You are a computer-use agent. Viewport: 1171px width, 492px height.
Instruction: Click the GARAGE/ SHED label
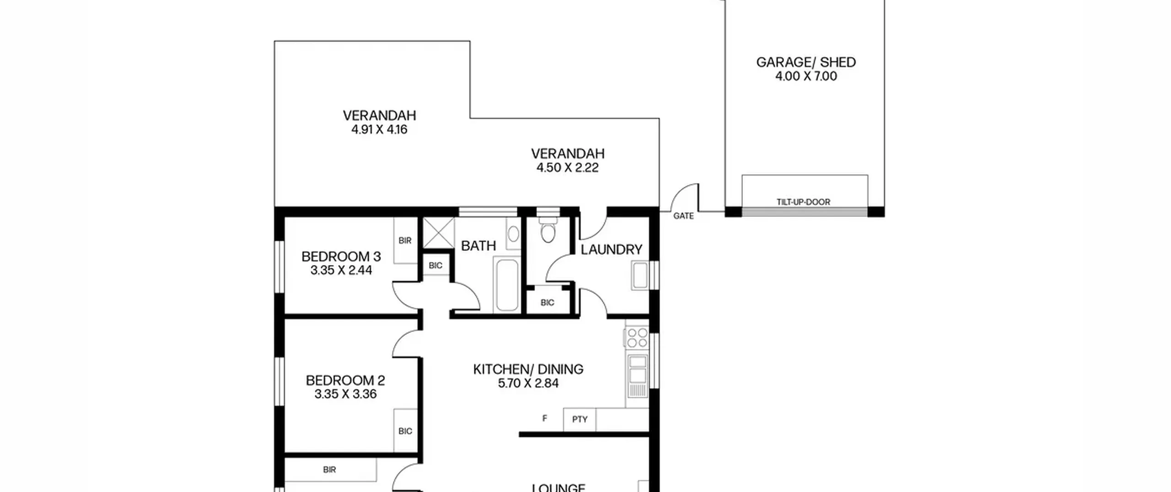(x=806, y=62)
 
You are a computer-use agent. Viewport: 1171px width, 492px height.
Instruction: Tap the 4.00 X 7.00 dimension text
(x=806, y=76)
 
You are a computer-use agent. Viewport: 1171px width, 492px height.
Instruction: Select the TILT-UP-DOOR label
(x=803, y=202)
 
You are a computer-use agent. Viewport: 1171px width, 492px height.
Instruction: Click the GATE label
(x=683, y=216)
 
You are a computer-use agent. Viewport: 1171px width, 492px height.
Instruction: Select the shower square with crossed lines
(x=438, y=233)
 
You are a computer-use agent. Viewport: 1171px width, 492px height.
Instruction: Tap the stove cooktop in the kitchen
(x=637, y=338)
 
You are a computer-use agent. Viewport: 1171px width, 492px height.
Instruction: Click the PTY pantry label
(x=580, y=419)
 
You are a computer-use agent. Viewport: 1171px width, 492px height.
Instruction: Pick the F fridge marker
(x=544, y=418)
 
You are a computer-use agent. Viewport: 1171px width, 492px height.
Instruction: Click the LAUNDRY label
(x=611, y=250)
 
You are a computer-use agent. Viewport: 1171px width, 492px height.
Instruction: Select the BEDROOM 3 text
(x=341, y=257)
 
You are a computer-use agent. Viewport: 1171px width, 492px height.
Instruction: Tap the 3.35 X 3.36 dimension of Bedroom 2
(x=345, y=394)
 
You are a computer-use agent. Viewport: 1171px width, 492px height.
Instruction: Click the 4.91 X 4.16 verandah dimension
(x=379, y=130)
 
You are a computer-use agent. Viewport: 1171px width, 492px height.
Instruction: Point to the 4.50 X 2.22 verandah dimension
(x=567, y=168)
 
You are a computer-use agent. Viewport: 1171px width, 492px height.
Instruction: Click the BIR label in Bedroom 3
(x=405, y=241)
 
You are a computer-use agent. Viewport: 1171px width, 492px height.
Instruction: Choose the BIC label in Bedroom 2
(x=405, y=431)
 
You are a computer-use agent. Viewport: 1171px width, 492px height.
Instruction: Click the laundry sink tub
(x=640, y=276)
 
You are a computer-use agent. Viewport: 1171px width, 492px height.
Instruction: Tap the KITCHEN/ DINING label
(x=528, y=369)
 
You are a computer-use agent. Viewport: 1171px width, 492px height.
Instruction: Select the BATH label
(x=478, y=246)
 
